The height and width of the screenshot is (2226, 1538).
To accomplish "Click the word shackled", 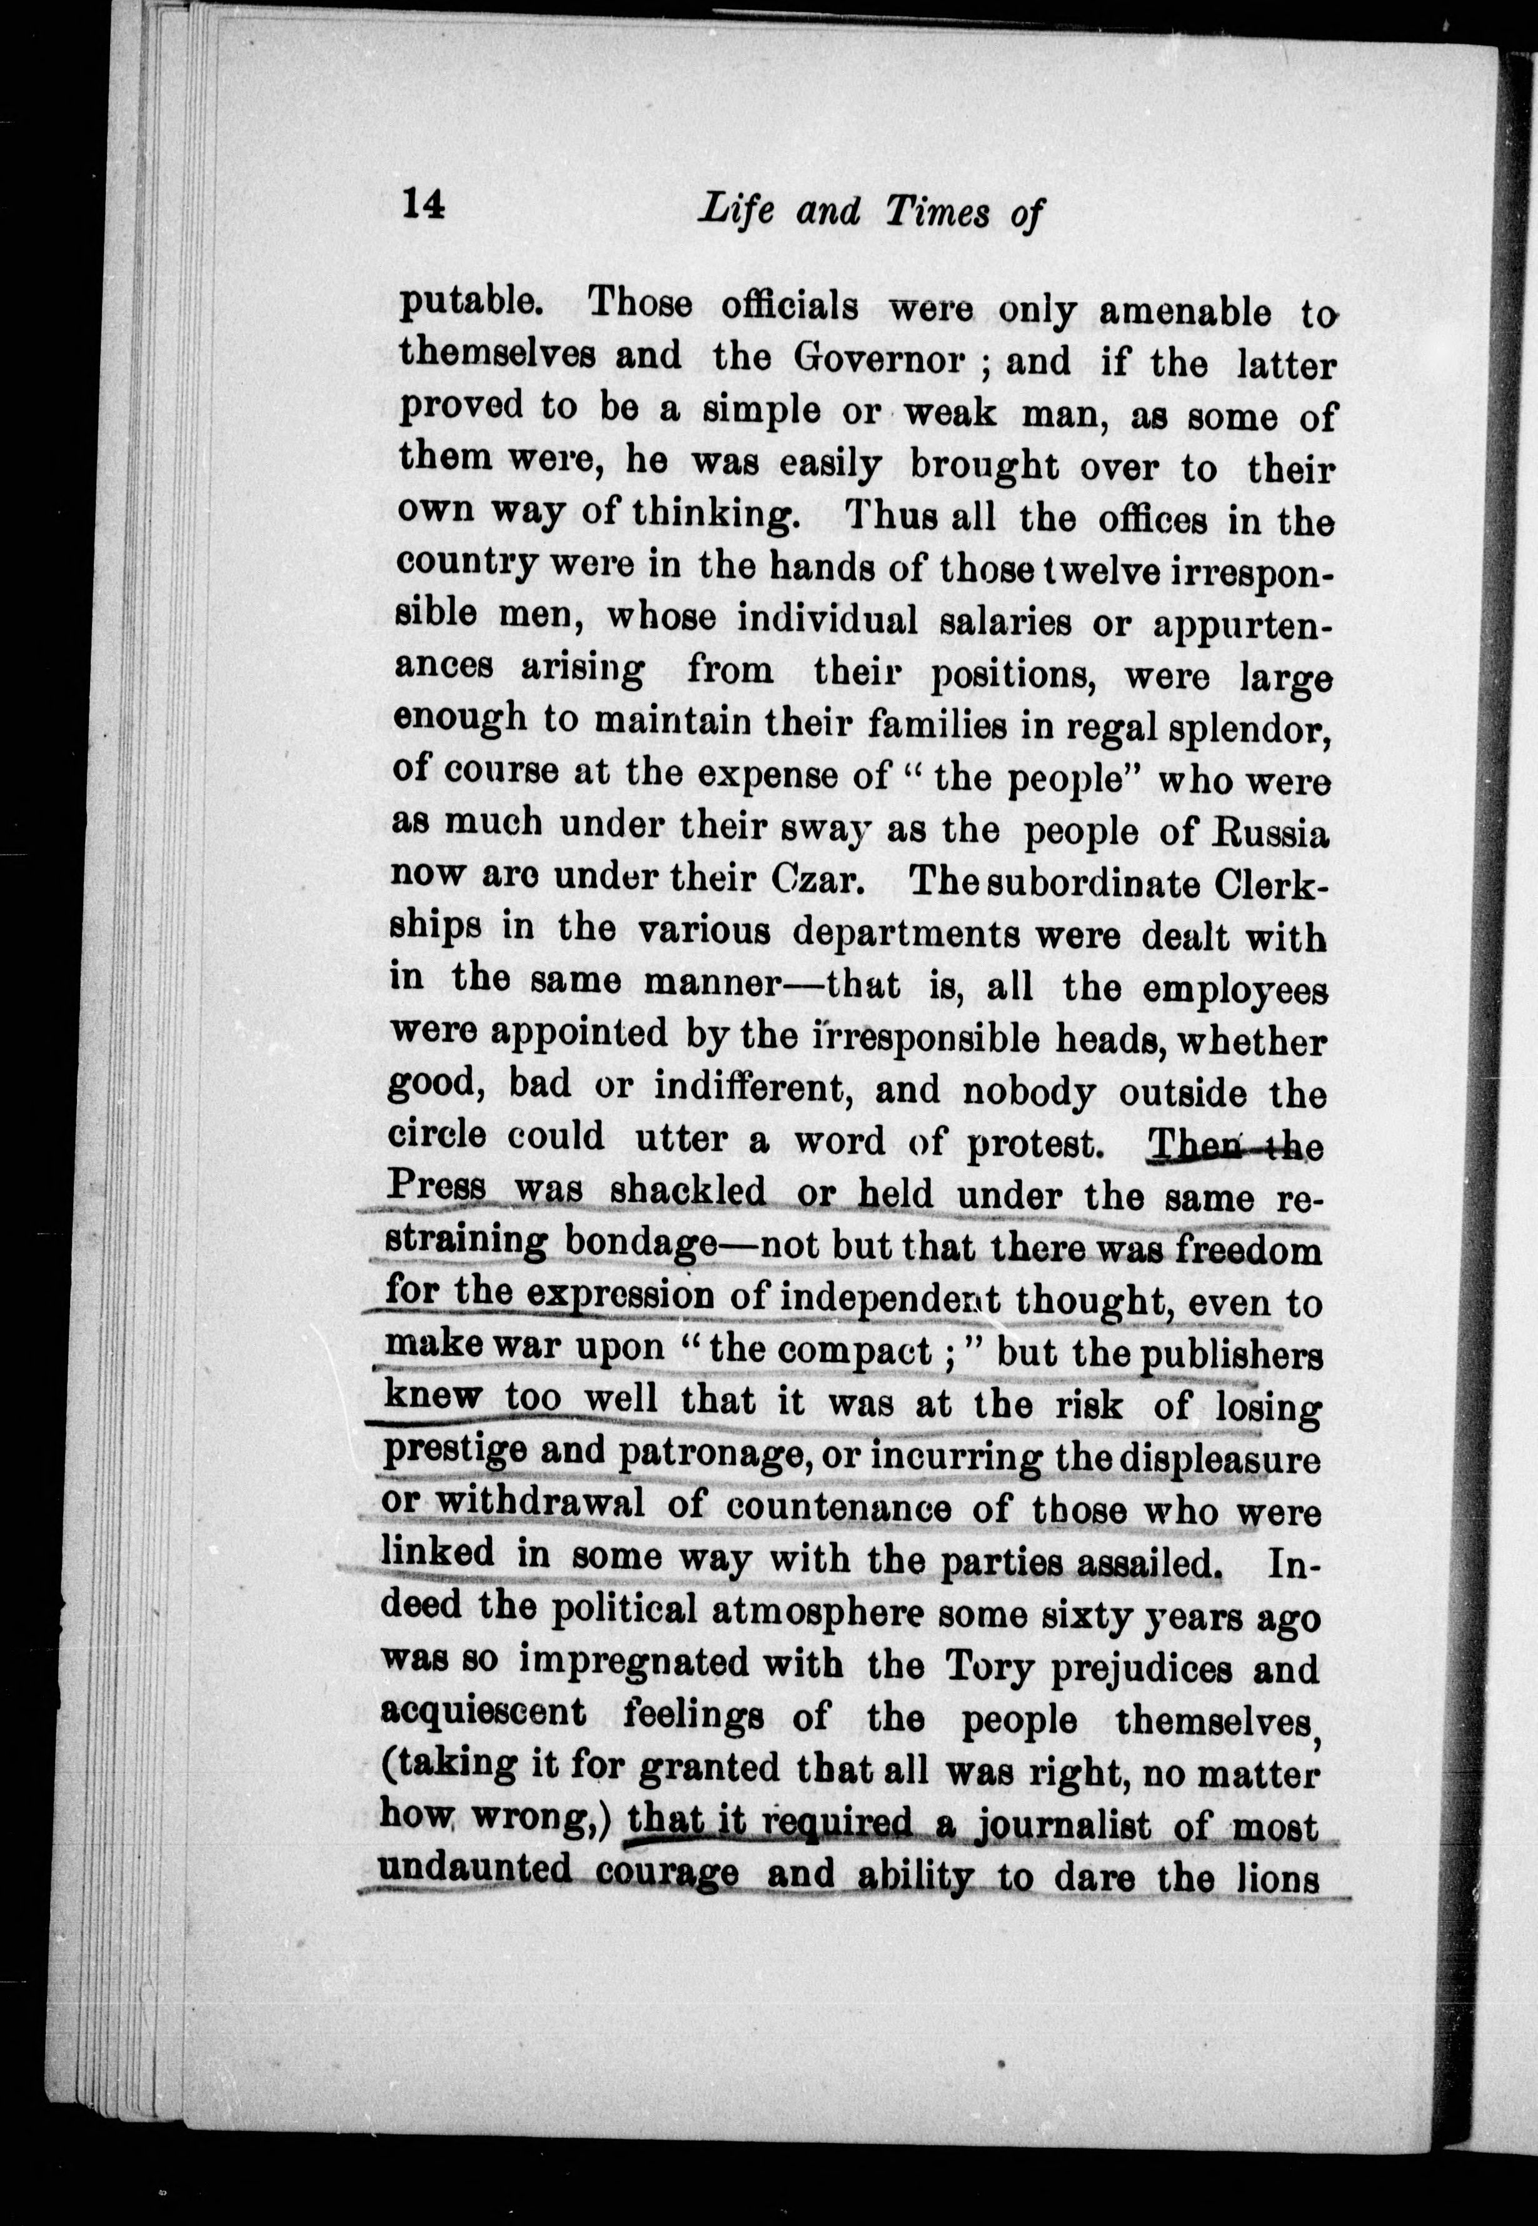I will tap(688, 1191).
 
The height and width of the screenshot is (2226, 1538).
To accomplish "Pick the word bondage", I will tap(638, 1242).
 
